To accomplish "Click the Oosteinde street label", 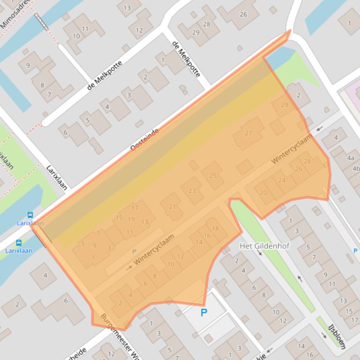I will [x=145, y=139].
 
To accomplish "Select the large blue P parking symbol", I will [x=204, y=313].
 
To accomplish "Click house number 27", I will [x=248, y=133].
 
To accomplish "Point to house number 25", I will [x=213, y=176].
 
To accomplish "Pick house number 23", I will [x=192, y=191].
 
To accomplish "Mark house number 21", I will [x=172, y=207].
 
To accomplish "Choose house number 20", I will [x=263, y=193].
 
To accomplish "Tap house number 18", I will [x=215, y=229].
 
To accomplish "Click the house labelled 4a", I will [x=351, y=158].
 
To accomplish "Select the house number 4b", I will [x=356, y=168].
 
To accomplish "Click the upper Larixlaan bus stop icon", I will [x=30, y=216].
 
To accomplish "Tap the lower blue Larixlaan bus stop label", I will [x=19, y=251].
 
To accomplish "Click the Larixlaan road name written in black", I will [x=57, y=178].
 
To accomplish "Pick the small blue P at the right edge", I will [x=355, y=251].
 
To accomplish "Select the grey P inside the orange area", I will [x=134, y=252].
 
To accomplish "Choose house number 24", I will [x=282, y=180].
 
